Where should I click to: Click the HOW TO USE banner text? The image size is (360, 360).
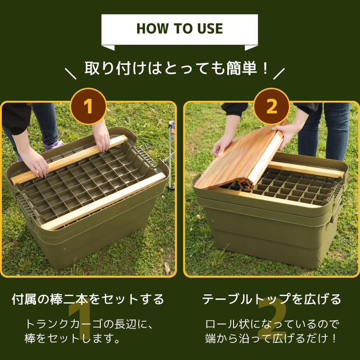[180, 29]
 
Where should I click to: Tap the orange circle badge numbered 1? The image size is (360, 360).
[88, 107]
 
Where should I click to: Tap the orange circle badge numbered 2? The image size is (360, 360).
[271, 107]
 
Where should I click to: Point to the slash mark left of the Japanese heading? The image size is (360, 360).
[71, 73]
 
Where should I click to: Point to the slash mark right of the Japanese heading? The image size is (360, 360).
[279, 73]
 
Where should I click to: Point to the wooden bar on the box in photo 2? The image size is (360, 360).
[306, 170]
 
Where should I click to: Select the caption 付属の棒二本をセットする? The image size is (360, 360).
[88, 299]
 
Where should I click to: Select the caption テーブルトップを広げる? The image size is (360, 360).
[271, 299]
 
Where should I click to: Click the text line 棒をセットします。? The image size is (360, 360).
[72, 338]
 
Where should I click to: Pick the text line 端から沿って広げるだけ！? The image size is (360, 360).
[271, 338]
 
